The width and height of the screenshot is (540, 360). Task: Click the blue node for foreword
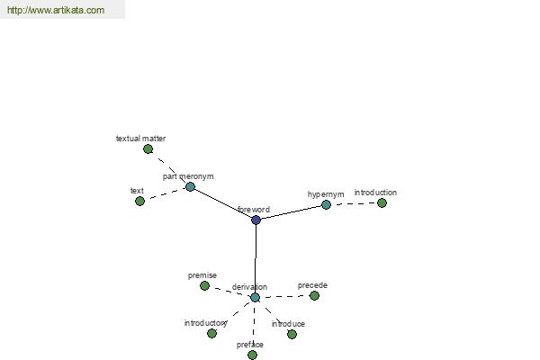click(x=256, y=220)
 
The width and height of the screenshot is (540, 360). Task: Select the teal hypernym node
click(x=326, y=205)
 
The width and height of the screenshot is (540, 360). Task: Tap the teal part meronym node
click(x=191, y=186)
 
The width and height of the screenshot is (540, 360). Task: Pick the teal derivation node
click(x=255, y=297)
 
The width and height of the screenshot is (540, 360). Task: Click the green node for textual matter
click(x=148, y=149)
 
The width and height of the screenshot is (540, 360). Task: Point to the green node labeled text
click(x=139, y=202)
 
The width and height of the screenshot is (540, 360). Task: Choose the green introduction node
click(x=382, y=202)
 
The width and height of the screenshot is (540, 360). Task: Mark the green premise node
click(x=204, y=285)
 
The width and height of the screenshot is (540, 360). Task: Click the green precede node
click(x=314, y=295)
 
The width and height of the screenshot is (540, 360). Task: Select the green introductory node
click(x=211, y=334)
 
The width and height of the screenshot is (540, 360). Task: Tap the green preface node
click(x=252, y=355)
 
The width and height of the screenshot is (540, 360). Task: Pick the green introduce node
click(x=292, y=334)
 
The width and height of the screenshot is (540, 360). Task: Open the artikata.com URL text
click(x=56, y=10)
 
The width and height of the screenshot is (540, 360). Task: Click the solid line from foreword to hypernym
click(x=291, y=212)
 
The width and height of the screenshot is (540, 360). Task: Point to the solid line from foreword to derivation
click(x=256, y=258)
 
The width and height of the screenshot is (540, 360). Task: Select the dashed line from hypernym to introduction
click(x=354, y=203)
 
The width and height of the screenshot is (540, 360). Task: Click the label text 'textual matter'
click(x=141, y=139)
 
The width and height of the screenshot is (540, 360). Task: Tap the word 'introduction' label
click(x=375, y=193)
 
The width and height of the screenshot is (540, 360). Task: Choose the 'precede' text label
click(x=312, y=285)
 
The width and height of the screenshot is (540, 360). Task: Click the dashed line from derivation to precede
click(x=284, y=296)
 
